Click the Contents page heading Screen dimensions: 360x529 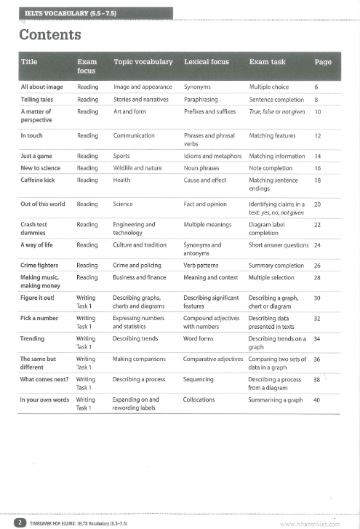click(50, 35)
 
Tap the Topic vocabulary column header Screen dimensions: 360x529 click(143, 62)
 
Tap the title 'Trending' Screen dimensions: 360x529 click(33, 338)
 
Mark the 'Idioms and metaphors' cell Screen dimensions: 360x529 click(212, 156)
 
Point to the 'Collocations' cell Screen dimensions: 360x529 click(201, 399)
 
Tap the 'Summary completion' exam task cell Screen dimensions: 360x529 click(276, 266)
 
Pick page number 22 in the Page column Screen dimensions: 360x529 click(317, 225)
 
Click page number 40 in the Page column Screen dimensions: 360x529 click(317, 399)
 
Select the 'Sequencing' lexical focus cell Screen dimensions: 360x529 click(199, 379)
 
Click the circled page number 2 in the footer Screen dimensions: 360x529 click(22, 522)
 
